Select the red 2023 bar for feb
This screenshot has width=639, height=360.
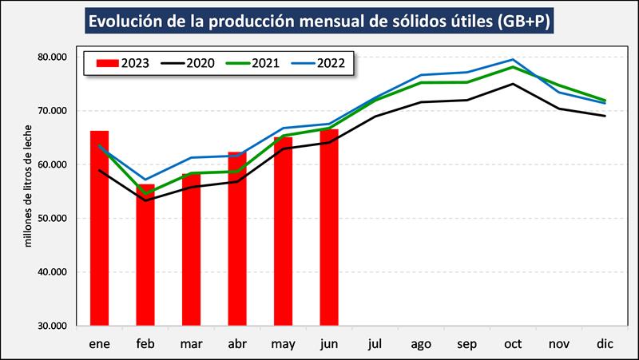(x=145, y=255)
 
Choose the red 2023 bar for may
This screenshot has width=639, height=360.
(x=283, y=231)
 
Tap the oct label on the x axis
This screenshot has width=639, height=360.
(x=513, y=343)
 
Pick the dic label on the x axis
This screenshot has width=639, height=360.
(x=605, y=343)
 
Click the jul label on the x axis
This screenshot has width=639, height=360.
(x=375, y=343)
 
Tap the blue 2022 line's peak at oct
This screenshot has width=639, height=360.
(x=513, y=60)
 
